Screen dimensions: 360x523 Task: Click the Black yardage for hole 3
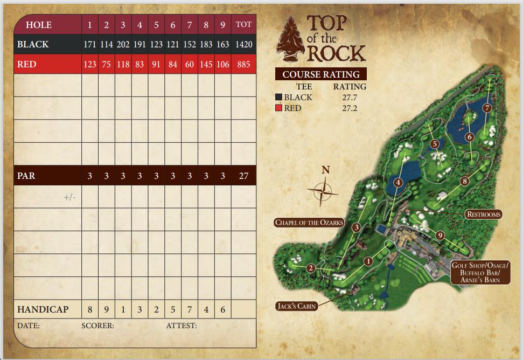pos(123,45)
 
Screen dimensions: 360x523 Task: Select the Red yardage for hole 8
pos(206,65)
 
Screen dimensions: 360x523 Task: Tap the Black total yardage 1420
pos(243,45)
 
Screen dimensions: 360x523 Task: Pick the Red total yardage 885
pos(243,65)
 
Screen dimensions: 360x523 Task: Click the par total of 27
pos(243,176)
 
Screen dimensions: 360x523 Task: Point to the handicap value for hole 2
pos(107,310)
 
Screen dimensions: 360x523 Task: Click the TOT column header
pos(243,25)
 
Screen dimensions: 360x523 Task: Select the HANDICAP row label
pos(43,310)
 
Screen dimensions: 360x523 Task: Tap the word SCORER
pos(98,326)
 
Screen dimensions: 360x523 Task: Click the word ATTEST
pos(182,326)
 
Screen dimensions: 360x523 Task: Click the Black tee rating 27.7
pos(350,98)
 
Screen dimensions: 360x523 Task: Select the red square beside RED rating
pos(279,108)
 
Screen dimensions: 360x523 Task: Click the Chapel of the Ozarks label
pos(309,222)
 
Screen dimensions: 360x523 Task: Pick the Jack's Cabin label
pos(296,306)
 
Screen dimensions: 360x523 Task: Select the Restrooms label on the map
pos(483,214)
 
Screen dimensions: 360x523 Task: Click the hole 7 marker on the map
pos(487,108)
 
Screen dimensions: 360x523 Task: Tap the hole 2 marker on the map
pos(311,268)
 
